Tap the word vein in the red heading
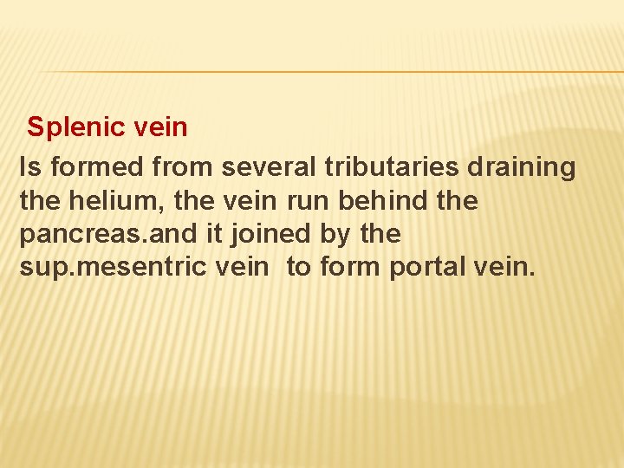pos(160,127)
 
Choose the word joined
pos(279,234)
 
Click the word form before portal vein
pos(350,267)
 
